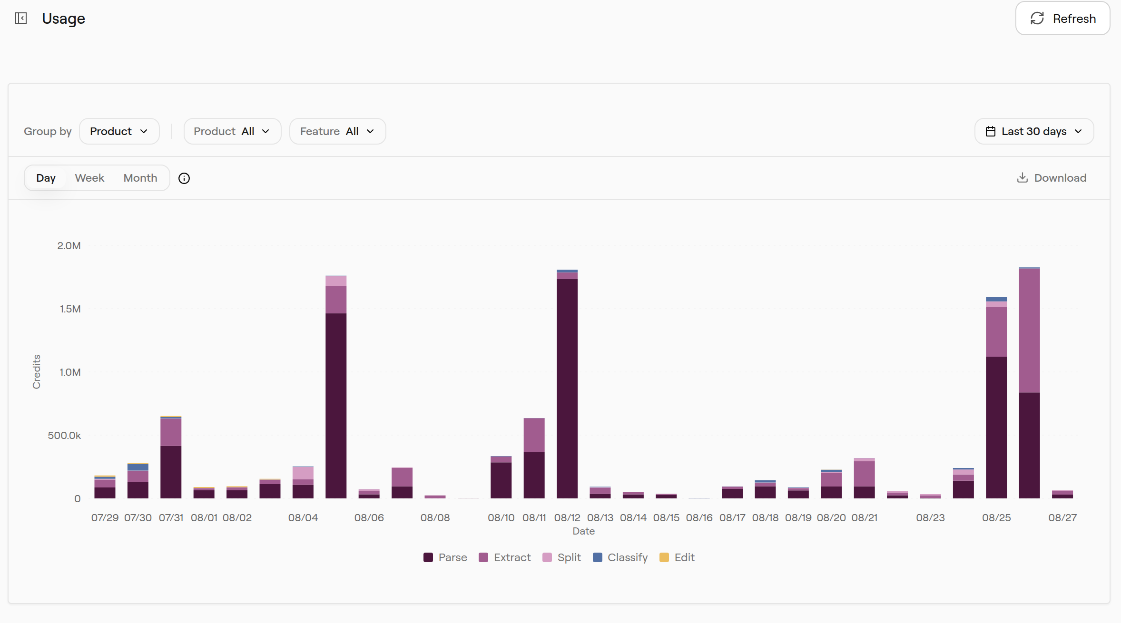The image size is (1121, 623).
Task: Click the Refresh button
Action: point(1062,19)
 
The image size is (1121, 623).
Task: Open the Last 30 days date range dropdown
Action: point(1034,131)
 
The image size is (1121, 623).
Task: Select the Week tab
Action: point(89,178)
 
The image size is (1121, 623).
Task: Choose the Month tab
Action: point(140,178)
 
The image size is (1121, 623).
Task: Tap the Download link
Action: point(1052,178)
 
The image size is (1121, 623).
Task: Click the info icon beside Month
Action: point(184,178)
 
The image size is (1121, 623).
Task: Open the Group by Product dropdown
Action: point(119,131)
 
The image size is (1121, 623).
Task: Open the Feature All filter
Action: point(337,131)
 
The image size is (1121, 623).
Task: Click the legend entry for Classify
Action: point(620,557)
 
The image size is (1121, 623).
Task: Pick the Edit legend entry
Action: point(677,557)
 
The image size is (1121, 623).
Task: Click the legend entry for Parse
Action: point(445,557)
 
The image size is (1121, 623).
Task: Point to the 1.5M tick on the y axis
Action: point(70,309)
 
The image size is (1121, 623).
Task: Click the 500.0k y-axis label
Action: point(64,436)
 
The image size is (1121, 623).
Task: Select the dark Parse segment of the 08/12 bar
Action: point(567,389)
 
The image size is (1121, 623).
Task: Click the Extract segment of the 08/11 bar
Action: point(534,435)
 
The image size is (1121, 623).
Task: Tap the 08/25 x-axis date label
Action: point(996,518)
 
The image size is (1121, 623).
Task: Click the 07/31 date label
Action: point(171,518)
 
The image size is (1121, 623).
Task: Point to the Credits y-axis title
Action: point(37,372)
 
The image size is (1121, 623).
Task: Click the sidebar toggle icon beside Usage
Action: point(21,18)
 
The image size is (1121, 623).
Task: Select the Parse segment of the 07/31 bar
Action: point(171,472)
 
